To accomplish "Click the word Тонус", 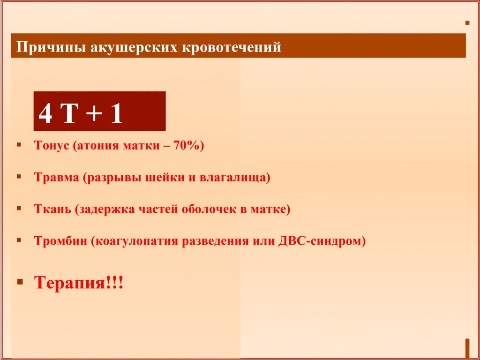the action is (x=52, y=145).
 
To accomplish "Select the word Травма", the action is (x=56, y=177).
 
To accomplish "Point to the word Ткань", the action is (x=52, y=209).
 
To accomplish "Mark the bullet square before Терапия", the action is (x=21, y=281).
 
